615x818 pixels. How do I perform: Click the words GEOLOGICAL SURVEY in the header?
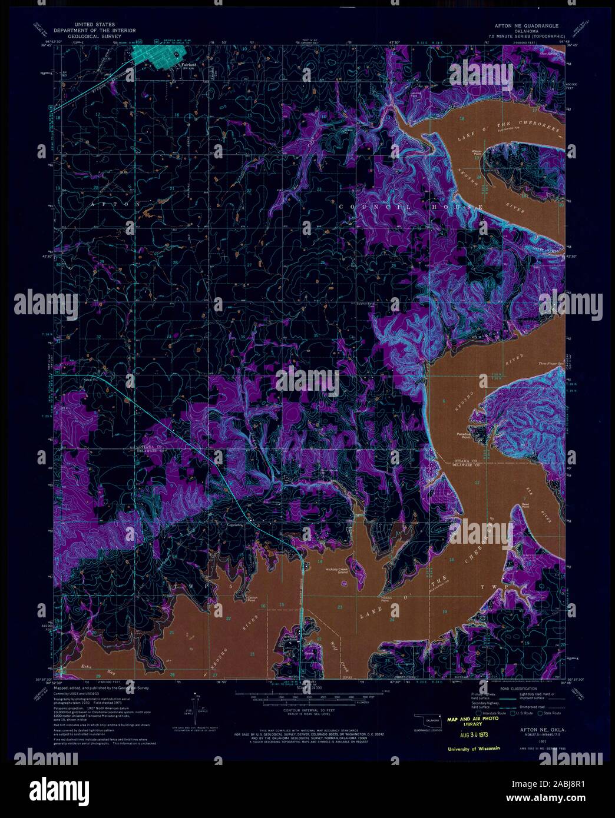point(94,36)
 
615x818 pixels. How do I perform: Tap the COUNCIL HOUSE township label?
point(412,207)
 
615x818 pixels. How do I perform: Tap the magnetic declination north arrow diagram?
point(195,706)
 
